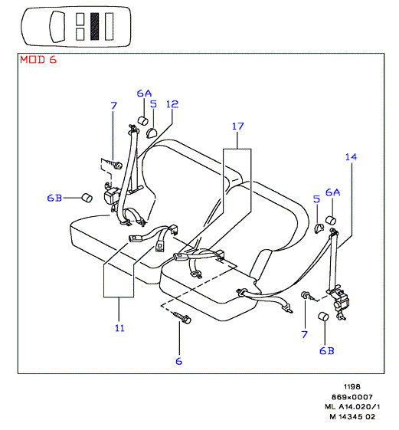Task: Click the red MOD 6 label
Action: pos(38,60)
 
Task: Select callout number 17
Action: pos(237,126)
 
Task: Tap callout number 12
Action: pos(172,104)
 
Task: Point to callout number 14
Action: pos(351,157)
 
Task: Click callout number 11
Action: pos(119,328)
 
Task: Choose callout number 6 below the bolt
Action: pos(179,361)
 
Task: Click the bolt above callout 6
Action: pos(182,317)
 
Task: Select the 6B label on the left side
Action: pos(54,198)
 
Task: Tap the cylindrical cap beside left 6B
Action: pos(87,198)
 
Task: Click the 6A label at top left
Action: pos(144,94)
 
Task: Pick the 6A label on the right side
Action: pos(332,192)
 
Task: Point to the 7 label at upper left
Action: pos(113,106)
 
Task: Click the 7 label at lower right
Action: pos(304,334)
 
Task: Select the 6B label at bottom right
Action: pos(327,351)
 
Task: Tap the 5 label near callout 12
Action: pos(153,104)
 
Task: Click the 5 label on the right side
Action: pos(316,199)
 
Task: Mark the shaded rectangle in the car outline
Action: pos(94,26)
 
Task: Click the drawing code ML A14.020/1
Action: pos(352,406)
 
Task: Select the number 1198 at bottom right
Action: pos(352,386)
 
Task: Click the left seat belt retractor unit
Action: pos(112,196)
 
